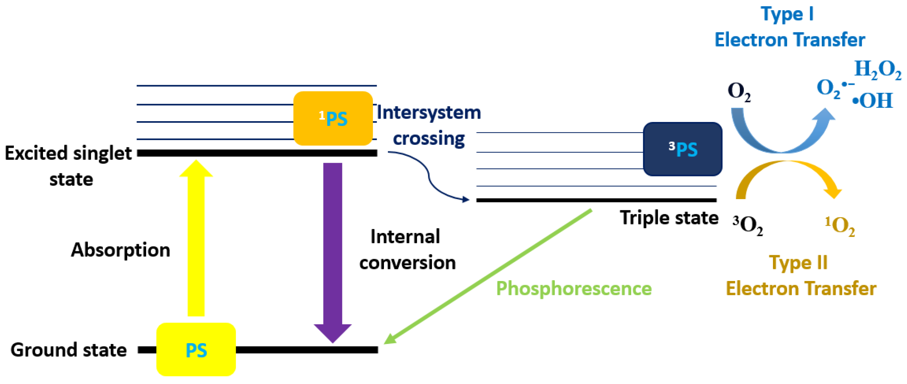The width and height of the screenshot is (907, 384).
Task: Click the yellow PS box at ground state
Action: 196,349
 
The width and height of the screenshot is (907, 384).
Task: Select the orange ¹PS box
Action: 333,119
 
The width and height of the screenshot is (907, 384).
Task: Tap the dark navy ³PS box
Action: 683,149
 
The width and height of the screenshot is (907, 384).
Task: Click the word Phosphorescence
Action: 574,289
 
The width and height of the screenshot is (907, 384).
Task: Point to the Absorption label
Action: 121,250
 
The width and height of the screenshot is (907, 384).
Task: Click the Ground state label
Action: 68,350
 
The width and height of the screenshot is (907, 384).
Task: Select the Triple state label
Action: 669,218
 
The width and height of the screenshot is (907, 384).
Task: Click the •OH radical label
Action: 872,101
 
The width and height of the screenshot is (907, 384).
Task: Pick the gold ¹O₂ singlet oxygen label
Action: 840,226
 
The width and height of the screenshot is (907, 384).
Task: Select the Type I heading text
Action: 787,15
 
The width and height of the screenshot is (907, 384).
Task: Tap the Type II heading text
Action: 798,263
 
